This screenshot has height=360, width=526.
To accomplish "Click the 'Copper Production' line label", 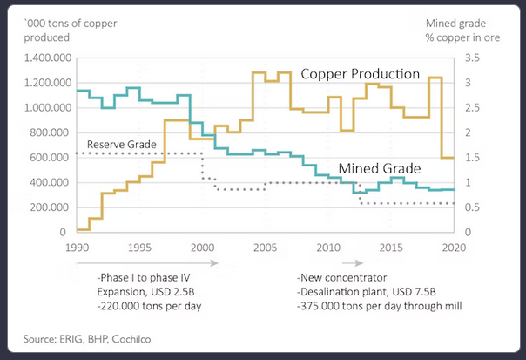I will [361, 74].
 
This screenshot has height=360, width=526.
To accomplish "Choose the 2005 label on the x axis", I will [264, 247].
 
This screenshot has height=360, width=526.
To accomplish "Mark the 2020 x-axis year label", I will [451, 247].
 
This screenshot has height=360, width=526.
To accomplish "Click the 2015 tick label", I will [389, 247].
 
